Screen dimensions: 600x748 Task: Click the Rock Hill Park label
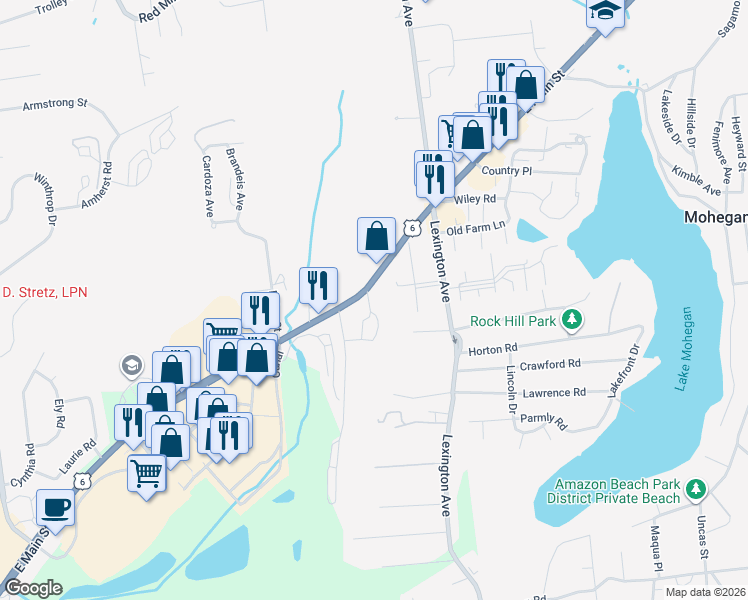514,322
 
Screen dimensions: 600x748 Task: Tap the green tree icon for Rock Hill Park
571,320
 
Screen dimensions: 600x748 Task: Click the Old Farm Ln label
478,230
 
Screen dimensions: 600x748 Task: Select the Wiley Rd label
476,199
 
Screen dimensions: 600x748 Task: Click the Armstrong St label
55,103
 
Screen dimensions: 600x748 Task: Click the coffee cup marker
55,507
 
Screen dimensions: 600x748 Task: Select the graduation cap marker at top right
606,12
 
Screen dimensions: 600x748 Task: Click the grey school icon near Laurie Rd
131,366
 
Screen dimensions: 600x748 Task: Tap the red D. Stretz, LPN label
43,292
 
